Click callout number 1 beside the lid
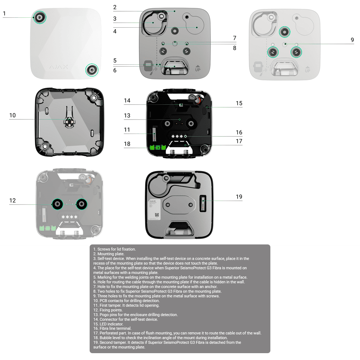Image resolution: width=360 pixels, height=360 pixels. point(4,14)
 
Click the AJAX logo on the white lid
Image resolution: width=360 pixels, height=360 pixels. point(58,67)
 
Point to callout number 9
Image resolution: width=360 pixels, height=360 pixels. point(352,40)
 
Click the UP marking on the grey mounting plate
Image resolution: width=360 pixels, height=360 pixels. point(198,68)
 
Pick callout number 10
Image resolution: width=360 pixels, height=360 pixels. point(13,115)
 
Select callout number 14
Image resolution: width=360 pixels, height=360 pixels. point(127,101)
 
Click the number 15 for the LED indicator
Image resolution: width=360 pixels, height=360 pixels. point(239,103)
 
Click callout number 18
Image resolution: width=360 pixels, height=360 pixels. point(127,144)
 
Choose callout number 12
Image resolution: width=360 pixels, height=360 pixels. point(13,201)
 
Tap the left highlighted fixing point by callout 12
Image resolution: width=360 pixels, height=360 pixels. point(57,204)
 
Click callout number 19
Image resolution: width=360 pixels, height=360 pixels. point(239,197)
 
